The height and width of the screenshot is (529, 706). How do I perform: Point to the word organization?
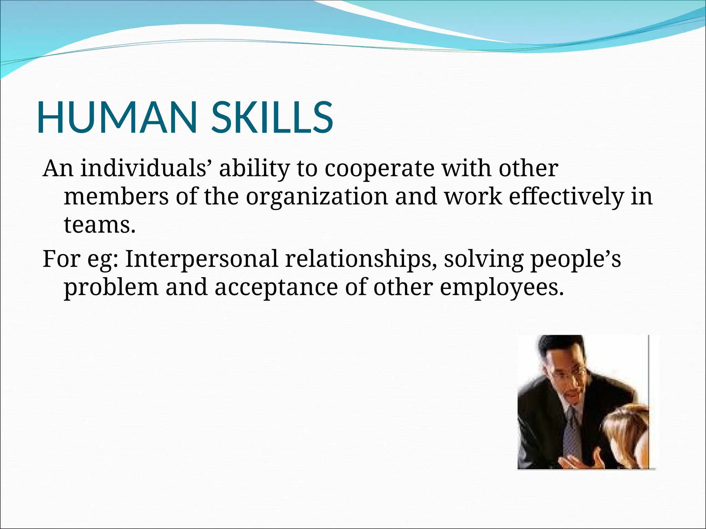click(x=317, y=198)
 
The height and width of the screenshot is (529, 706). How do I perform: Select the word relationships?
click(x=361, y=260)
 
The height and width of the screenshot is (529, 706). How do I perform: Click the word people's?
click(x=575, y=260)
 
